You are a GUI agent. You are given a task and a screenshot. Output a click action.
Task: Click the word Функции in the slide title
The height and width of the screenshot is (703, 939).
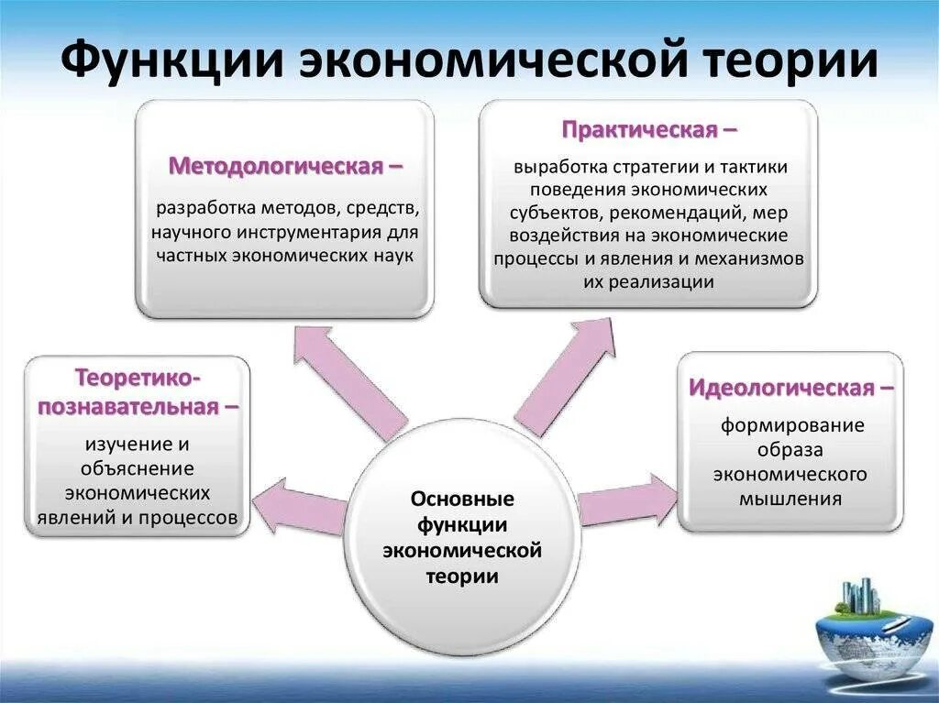tap(173, 60)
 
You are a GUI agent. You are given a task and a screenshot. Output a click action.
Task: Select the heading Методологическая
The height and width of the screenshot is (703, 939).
tap(275, 167)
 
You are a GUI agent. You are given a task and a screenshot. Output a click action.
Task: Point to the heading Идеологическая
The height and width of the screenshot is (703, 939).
tap(781, 388)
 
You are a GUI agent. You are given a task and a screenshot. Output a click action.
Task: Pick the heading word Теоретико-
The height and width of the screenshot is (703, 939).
tap(138, 377)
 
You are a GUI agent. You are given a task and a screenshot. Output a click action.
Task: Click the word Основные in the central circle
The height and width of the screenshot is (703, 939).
tap(461, 500)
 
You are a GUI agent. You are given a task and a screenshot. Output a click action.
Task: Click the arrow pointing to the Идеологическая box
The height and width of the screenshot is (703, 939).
tap(629, 500)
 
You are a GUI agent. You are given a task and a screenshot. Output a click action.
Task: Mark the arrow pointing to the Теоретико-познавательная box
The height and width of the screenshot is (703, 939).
tap(298, 508)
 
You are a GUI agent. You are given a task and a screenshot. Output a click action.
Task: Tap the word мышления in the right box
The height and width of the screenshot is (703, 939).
tap(790, 500)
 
